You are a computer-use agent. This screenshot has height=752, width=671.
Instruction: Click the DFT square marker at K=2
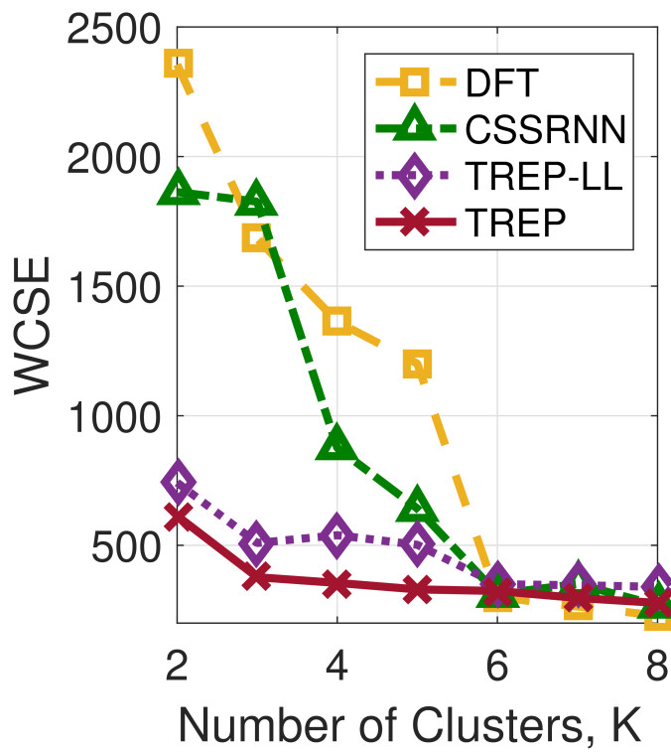(x=179, y=65)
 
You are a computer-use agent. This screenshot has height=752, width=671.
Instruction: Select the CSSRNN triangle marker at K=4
(x=337, y=444)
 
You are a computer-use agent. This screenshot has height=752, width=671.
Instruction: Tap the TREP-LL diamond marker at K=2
(x=179, y=482)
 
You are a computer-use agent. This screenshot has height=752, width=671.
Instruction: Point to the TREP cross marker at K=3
(x=258, y=576)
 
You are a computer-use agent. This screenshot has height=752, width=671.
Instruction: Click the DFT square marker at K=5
(x=417, y=365)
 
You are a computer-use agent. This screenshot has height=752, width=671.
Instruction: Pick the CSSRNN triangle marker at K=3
(x=258, y=200)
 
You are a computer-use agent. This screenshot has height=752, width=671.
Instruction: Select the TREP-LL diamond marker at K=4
(x=337, y=534)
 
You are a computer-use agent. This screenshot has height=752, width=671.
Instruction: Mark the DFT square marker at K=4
(x=337, y=320)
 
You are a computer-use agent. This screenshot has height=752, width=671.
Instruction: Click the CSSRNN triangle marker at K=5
(x=417, y=505)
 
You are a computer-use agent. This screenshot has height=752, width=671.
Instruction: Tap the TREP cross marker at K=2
(x=179, y=517)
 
